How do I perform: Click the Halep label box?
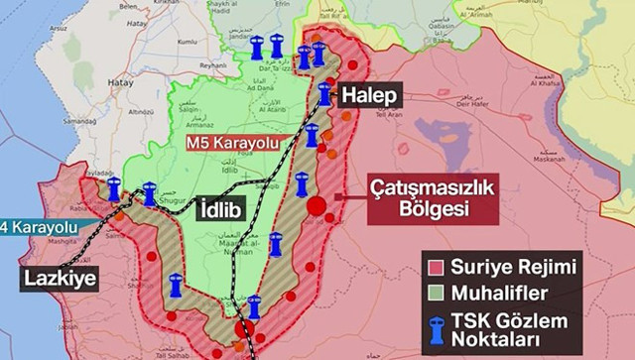pyautogui.click(x=372, y=95)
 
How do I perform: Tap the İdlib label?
pyautogui.click(x=222, y=209)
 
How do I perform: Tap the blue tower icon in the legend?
pyautogui.click(x=434, y=329)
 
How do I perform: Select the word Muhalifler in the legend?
pyautogui.click(x=501, y=295)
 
